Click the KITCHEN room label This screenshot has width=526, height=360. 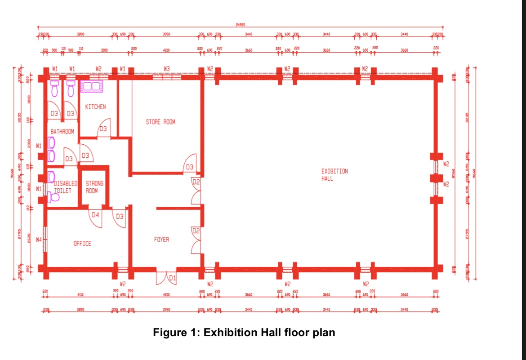click(95, 107)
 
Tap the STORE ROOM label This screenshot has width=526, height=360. click(160, 122)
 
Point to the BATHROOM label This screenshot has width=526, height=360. click(62, 132)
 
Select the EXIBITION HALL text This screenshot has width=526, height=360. click(334, 175)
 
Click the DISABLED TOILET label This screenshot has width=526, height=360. click(65, 187)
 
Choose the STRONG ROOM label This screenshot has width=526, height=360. click(94, 187)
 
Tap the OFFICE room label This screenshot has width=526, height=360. click(82, 244)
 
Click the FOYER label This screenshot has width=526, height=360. click(161, 240)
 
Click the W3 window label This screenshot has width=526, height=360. click(167, 69)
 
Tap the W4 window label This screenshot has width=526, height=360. click(39, 240)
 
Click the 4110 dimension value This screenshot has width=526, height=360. click(80, 295)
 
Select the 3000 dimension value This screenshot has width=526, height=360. click(104, 50)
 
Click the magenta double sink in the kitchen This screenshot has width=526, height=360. click(92, 86)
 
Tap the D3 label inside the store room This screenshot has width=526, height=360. click(190, 167)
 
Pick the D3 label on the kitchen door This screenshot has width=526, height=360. click(103, 129)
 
